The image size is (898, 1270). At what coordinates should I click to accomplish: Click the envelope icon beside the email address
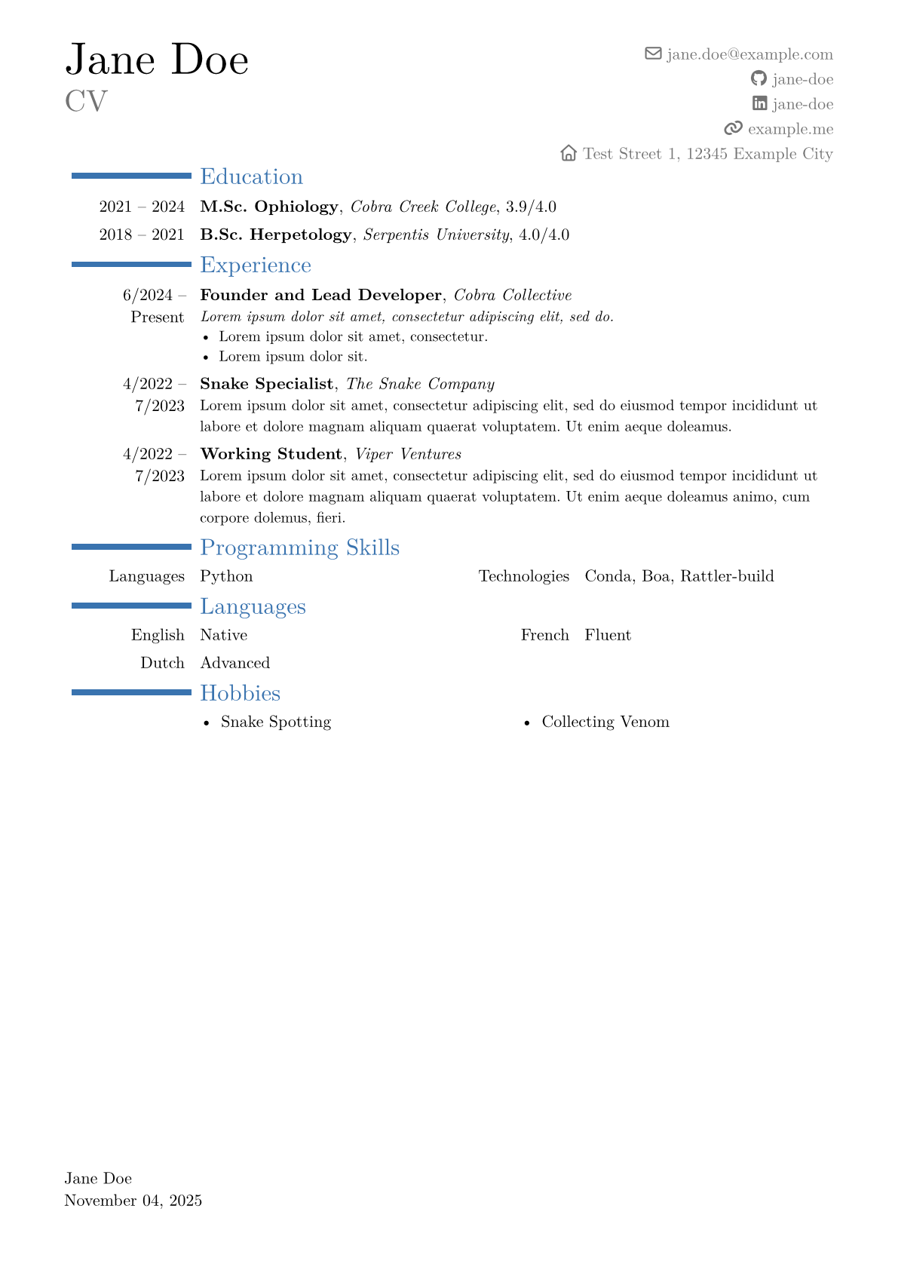pyautogui.click(x=653, y=54)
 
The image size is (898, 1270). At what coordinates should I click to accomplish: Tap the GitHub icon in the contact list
pyautogui.click(x=759, y=78)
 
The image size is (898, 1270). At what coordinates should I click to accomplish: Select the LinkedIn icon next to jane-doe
pyautogui.click(x=759, y=103)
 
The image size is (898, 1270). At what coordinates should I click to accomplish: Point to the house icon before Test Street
pyautogui.click(x=569, y=153)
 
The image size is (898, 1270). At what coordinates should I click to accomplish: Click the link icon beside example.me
pyautogui.click(x=733, y=128)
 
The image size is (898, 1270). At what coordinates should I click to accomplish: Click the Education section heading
pyautogui.click(x=251, y=176)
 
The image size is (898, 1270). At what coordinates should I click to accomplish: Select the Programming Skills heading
pyautogui.click(x=299, y=548)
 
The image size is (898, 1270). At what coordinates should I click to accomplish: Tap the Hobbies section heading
pyautogui.click(x=240, y=693)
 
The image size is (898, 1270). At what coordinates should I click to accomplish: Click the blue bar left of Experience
pyautogui.click(x=131, y=265)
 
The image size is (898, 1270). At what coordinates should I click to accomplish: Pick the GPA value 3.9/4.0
pyautogui.click(x=531, y=207)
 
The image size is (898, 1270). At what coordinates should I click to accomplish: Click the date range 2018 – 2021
pyautogui.click(x=142, y=235)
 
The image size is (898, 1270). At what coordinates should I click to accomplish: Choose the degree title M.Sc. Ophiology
pyautogui.click(x=269, y=207)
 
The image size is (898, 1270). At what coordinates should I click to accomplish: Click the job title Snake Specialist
pyautogui.click(x=266, y=384)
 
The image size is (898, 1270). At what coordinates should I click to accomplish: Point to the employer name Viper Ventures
pyautogui.click(x=408, y=454)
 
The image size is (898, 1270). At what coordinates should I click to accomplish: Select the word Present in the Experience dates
pyautogui.click(x=157, y=317)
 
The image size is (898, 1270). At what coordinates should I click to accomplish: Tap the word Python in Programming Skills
pyautogui.click(x=226, y=576)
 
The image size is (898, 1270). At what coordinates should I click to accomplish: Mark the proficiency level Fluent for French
pyautogui.click(x=608, y=635)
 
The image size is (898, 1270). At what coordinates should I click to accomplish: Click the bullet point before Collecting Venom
pyautogui.click(x=527, y=722)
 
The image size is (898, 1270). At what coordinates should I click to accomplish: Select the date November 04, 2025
pyautogui.click(x=133, y=1201)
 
